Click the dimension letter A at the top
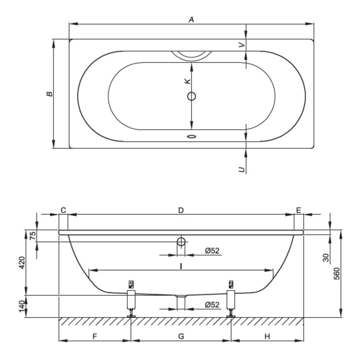tap(192, 19)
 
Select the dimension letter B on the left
tap(49, 94)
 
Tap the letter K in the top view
tap(187, 81)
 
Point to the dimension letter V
tap(241, 45)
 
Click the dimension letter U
tap(241, 170)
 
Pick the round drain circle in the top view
tap(192, 96)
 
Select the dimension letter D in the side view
tap(181, 210)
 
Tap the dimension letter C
tap(63, 210)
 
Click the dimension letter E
tap(299, 210)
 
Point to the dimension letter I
tap(181, 266)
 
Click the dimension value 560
tap(336, 273)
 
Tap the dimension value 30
tap(326, 257)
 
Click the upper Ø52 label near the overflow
tap(212, 251)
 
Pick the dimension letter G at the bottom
tap(181, 336)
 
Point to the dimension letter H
tap(267, 336)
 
